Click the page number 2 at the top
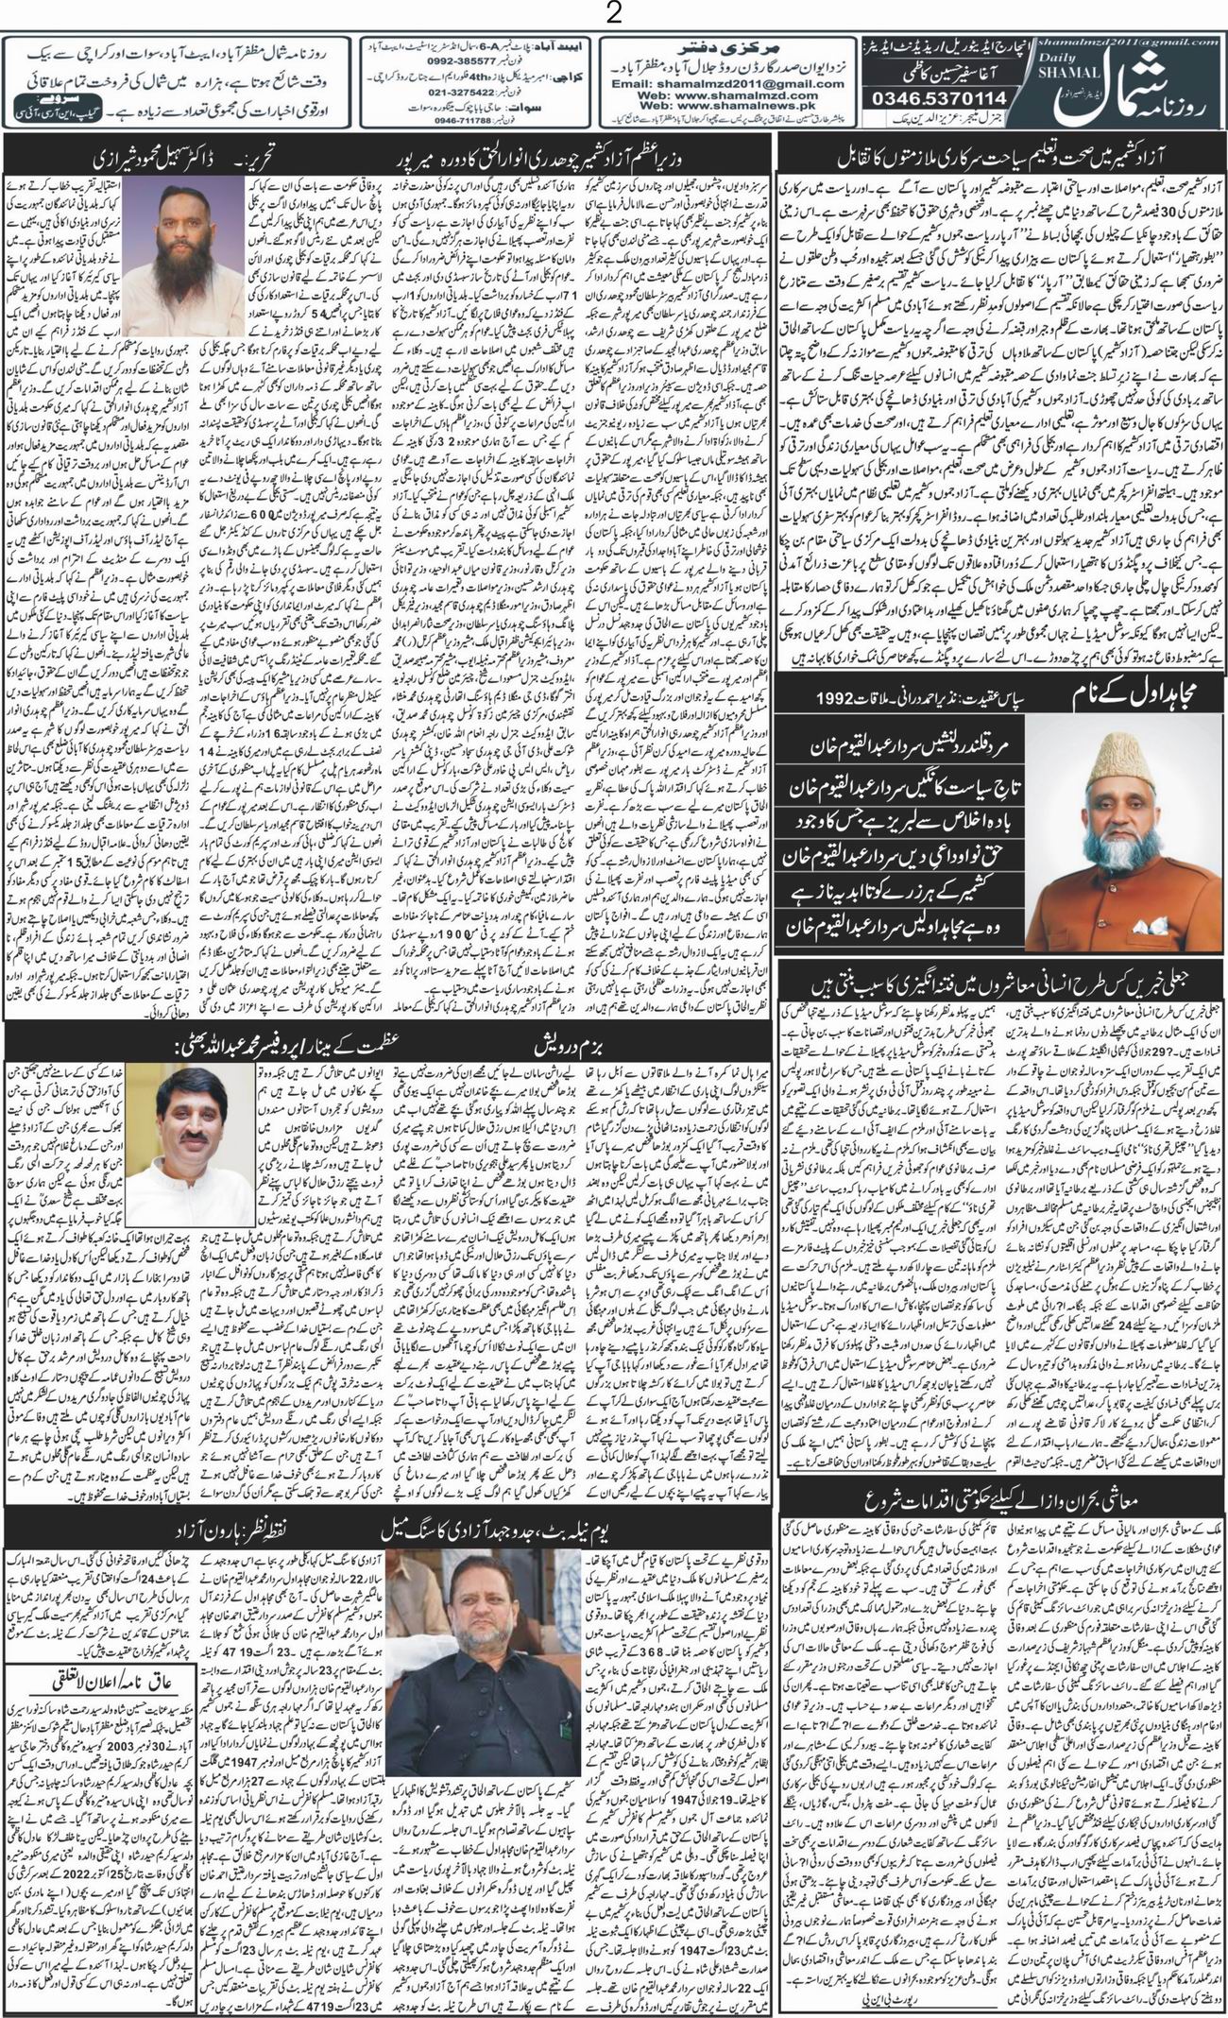(x=614, y=14)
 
